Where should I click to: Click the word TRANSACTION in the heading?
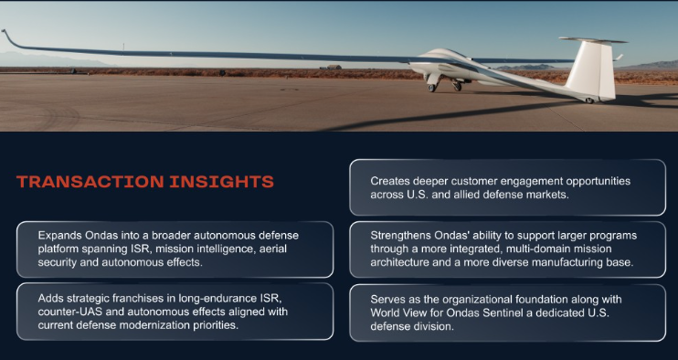(90, 182)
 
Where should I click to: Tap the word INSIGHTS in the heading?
(221, 182)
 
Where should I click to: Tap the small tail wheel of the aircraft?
(589, 101)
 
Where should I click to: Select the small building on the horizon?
(334, 67)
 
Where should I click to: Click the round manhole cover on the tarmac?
(290, 90)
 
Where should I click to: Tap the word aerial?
(272, 249)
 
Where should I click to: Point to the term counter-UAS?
(65, 312)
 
